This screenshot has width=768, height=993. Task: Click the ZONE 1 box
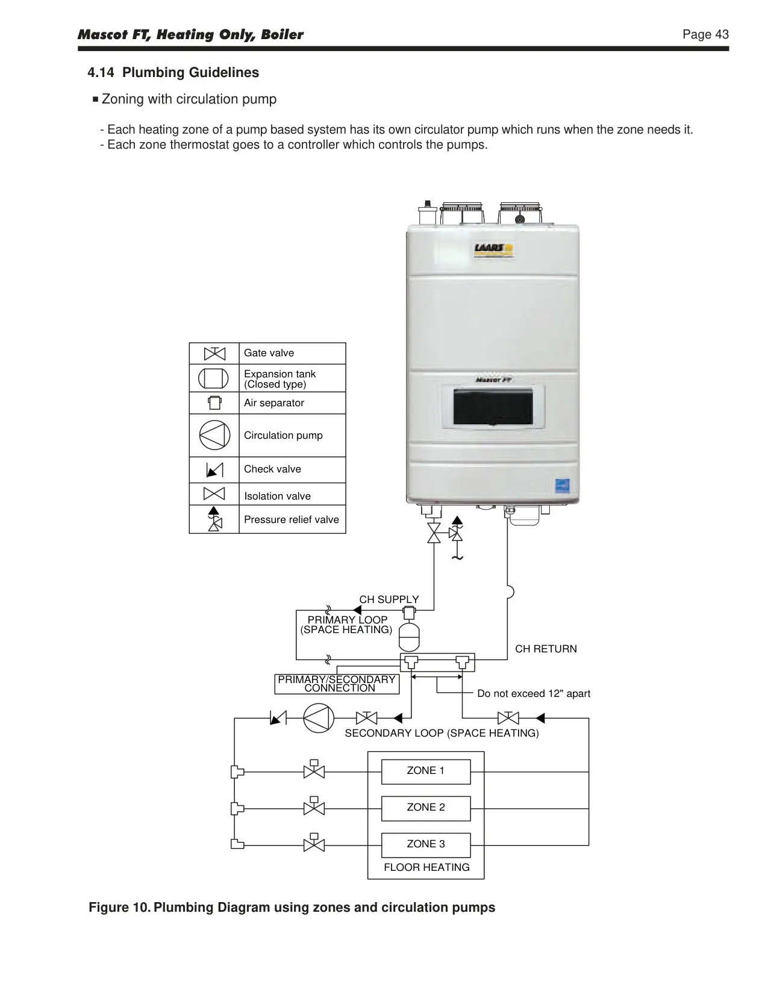[426, 772]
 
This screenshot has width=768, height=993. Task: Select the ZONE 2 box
[426, 808]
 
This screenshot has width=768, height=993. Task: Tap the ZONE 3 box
[426, 845]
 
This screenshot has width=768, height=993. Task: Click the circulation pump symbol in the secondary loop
[319, 719]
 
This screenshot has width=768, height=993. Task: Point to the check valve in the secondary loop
[278, 718]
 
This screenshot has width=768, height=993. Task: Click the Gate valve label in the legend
[269, 353]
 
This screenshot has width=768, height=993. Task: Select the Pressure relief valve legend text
[292, 519]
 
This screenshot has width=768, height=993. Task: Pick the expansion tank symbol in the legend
[213, 379]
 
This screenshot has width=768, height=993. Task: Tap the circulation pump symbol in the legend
[214, 435]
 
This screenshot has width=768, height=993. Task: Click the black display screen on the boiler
[493, 406]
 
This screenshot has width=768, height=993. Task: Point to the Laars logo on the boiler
[493, 250]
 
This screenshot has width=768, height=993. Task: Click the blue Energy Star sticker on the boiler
[562, 486]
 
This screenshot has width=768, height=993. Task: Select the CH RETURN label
[546, 649]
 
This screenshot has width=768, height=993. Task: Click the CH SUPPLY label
[389, 599]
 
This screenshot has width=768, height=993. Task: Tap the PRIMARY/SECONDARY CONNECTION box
[337, 684]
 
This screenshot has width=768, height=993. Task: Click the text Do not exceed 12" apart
[534, 693]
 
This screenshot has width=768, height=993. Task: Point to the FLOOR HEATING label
[427, 867]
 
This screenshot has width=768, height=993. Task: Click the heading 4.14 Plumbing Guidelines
[173, 72]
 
